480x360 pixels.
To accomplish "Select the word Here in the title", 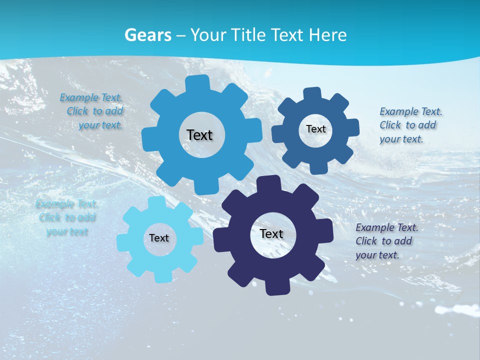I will pos(328,35).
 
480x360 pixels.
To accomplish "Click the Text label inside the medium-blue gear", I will pos(199,135).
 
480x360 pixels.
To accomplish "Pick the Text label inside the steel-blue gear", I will pos(315,129).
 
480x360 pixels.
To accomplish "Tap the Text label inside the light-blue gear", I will pos(159,238).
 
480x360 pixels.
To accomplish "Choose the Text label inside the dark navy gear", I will pos(271,233).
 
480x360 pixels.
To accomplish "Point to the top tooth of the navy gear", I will pos(269,183).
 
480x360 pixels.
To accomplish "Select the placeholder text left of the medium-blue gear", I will pos(92,111).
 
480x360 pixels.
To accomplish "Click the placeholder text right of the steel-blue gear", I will pos(409,125).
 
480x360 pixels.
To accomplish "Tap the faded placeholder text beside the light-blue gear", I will pos(67,217).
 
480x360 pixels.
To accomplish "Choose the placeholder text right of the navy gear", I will pos(385,241).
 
